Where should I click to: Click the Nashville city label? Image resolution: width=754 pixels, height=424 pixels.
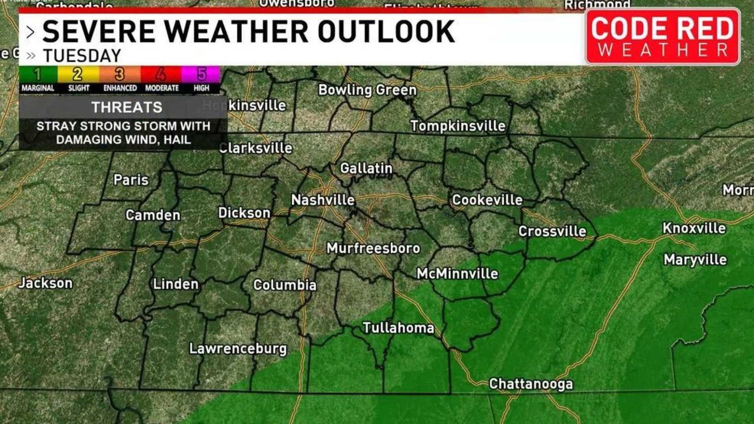point(323,200)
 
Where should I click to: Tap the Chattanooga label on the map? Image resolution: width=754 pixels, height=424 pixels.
point(531,384)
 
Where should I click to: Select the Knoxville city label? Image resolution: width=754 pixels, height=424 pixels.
point(694,228)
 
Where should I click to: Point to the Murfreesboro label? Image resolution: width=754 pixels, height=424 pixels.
point(373,248)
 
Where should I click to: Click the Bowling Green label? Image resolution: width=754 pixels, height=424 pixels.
point(367,90)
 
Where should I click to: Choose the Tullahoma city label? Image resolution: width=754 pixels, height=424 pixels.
point(398,328)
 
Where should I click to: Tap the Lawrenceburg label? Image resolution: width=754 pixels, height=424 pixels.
point(238,349)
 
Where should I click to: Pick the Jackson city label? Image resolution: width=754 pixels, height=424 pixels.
point(46,283)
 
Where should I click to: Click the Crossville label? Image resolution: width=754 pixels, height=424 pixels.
point(552,231)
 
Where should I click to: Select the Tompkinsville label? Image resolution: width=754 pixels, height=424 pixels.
point(458,126)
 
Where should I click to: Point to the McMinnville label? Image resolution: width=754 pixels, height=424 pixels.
point(457,274)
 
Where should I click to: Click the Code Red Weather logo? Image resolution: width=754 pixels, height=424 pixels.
point(662,37)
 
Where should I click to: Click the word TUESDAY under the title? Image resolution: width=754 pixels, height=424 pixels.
point(82,56)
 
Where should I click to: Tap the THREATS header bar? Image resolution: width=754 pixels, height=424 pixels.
point(127,107)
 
